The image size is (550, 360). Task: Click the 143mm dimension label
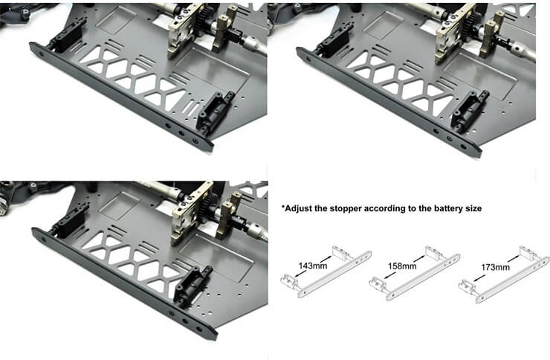pos(313,266)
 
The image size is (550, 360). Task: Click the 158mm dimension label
pos(402,266)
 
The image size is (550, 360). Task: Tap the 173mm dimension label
pos(495,267)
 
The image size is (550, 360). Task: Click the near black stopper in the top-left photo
pos(215,112)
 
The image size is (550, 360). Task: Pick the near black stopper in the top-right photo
pos(469,110)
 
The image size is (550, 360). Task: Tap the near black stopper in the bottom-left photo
pos(193,286)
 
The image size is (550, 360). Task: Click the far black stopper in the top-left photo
pos(67,35)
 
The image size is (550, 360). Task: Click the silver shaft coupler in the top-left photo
pos(256,45)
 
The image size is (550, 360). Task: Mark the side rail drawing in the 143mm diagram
pos(334,274)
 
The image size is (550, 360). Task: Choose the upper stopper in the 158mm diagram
pos(434,253)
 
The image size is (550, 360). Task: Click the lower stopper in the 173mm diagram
pos(468,286)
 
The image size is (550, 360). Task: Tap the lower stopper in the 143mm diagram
pos(290,281)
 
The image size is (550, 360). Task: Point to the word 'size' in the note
pos(473,208)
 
